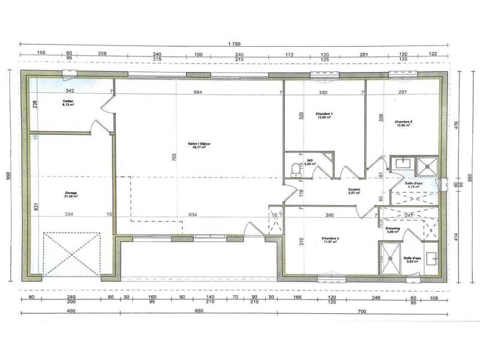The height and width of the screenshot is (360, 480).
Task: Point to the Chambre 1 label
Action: (324, 115)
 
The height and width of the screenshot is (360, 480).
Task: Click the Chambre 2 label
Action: (403, 124)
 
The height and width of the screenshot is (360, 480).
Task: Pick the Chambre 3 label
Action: (329, 239)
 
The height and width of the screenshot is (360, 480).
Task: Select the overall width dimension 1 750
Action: (233, 44)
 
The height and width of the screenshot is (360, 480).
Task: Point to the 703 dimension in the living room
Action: (175, 157)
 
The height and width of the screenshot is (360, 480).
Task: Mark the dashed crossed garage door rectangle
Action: (71, 253)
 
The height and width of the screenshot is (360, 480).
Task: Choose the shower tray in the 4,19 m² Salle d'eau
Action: (428, 164)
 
